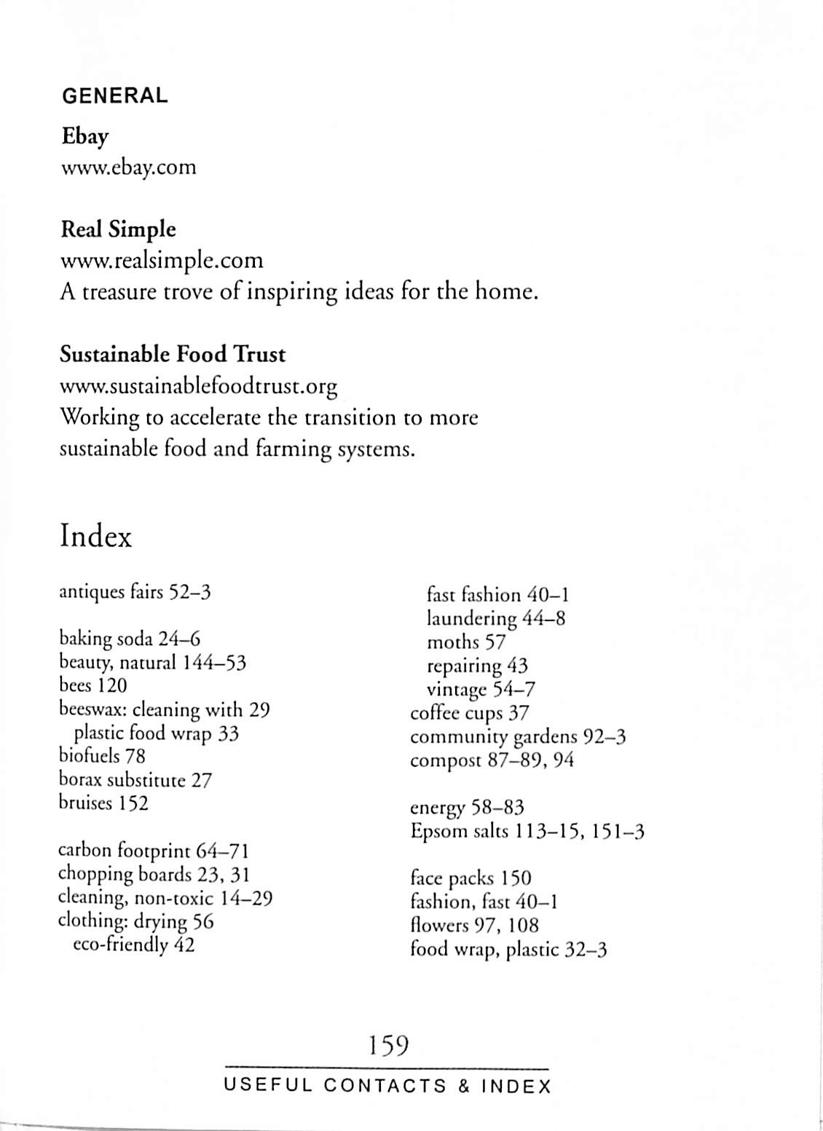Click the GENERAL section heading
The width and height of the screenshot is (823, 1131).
click(115, 95)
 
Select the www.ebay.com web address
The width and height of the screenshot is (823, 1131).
click(128, 168)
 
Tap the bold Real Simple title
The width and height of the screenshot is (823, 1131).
click(118, 229)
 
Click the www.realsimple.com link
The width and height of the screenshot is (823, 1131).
click(161, 260)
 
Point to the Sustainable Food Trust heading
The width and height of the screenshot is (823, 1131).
click(172, 355)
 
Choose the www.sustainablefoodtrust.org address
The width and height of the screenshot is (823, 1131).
click(198, 385)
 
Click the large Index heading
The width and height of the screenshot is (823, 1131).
click(95, 537)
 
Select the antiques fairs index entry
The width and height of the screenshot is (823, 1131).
click(135, 591)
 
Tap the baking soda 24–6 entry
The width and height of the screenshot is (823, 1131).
click(129, 639)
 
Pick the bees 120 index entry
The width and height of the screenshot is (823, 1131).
click(92, 685)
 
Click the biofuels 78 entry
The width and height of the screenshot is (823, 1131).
click(102, 756)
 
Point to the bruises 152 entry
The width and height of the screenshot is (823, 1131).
click(103, 803)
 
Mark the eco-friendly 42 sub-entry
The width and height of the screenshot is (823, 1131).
click(134, 945)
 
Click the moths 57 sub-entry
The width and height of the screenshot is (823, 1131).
click(465, 642)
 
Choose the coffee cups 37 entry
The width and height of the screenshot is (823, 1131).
click(470, 713)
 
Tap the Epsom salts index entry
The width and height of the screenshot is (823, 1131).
click(527, 831)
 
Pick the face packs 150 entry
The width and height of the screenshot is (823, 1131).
click(470, 878)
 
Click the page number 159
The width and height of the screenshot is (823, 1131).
click(387, 1046)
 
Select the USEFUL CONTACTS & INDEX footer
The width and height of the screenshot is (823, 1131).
click(387, 1086)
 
